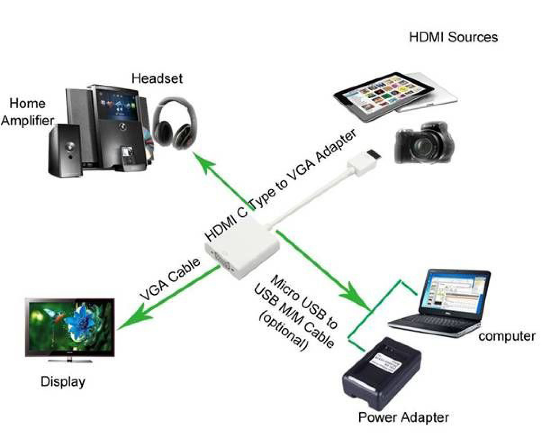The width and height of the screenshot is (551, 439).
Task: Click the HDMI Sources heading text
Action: tap(453, 38)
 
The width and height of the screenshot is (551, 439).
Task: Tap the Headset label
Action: tap(157, 78)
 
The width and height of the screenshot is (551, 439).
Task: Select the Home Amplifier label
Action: tap(27, 112)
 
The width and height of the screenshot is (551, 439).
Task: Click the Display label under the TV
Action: tap(63, 382)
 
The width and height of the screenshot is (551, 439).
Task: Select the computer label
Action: tap(507, 336)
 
